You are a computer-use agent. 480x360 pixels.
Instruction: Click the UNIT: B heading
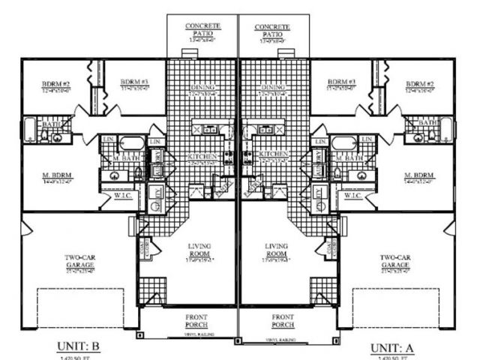coord(79,346)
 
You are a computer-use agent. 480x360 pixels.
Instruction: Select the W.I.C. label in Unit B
coord(124,196)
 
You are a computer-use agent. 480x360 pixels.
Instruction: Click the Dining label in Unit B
coord(203,87)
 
